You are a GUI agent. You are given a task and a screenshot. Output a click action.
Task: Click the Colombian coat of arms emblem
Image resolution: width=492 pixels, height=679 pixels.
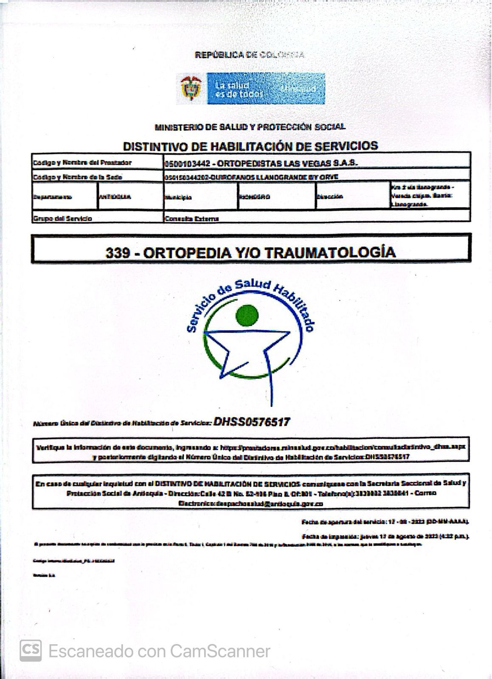(x=189, y=88)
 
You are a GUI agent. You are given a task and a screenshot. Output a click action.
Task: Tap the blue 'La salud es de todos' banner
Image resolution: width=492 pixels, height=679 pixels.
(x=266, y=88)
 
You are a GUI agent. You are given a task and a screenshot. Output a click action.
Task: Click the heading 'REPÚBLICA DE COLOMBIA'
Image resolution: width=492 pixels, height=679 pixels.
(x=249, y=55)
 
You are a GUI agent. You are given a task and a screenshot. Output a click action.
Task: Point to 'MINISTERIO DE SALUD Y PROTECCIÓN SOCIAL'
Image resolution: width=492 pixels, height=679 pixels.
(x=250, y=126)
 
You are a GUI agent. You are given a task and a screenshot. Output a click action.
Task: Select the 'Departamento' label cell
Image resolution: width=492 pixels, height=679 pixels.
(x=53, y=197)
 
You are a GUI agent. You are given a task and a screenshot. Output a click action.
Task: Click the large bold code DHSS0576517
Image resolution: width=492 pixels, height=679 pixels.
(x=252, y=422)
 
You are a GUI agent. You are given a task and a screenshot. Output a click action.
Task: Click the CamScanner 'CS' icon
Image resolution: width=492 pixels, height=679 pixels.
(x=31, y=650)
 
